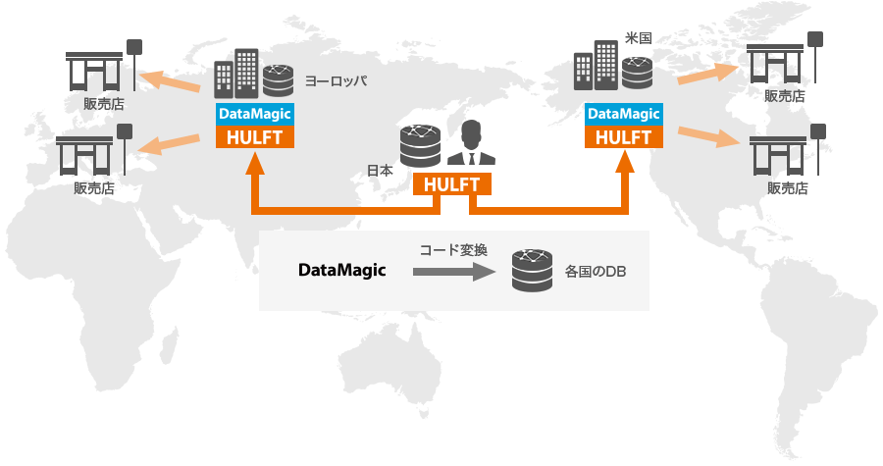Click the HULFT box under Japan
click(x=452, y=183)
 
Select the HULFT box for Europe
click(x=255, y=136)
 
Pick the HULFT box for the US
click(x=623, y=136)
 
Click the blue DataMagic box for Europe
click(x=255, y=114)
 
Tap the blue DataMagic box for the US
click(x=623, y=114)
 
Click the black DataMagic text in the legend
click(x=342, y=270)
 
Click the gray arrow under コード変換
click(x=450, y=273)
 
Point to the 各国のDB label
click(x=596, y=270)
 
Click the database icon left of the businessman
click(x=420, y=146)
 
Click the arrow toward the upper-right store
click(x=705, y=71)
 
